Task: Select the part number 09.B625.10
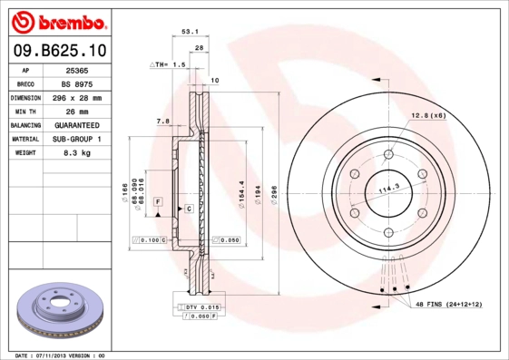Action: (56, 49)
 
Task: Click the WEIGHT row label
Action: (25, 153)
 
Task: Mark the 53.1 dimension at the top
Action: (190, 31)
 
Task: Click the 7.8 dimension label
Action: (163, 121)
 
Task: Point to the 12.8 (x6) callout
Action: (428, 115)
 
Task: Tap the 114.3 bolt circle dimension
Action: (389, 189)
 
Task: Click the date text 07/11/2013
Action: (62, 355)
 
